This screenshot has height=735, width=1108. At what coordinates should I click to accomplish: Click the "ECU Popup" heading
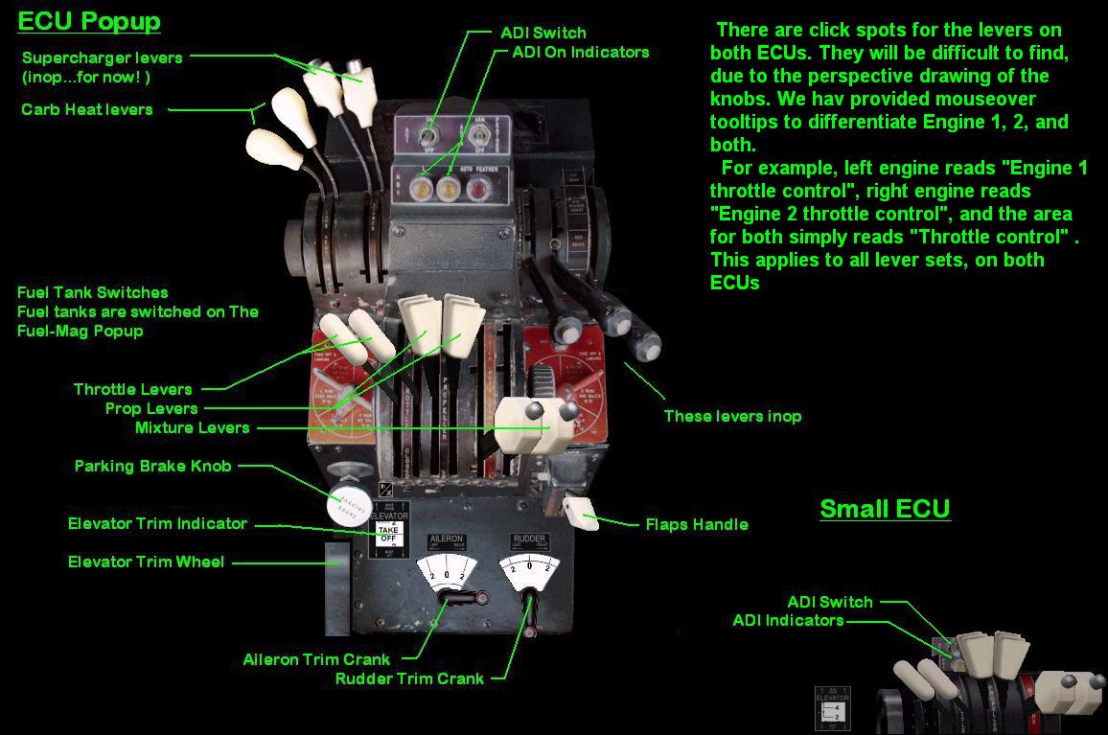tap(89, 21)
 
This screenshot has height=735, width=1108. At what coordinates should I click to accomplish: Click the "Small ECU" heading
tap(885, 508)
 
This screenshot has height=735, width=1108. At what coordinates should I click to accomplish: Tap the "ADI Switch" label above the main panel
tap(542, 33)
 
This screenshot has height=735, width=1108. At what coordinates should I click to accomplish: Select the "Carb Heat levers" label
tap(87, 109)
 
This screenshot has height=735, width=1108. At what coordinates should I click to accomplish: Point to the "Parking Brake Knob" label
tap(152, 466)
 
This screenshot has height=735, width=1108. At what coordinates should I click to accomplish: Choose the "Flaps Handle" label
tap(697, 524)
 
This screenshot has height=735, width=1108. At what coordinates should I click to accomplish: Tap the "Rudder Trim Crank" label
tap(410, 678)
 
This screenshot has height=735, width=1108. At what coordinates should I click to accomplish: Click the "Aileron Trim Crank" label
tap(316, 659)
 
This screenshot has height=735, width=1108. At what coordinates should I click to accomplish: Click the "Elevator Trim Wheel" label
tap(146, 562)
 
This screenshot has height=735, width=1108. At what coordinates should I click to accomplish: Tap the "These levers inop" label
tap(732, 416)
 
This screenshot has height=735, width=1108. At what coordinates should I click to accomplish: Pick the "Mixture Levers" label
tap(192, 427)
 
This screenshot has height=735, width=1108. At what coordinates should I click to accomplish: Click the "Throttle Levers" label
tap(133, 389)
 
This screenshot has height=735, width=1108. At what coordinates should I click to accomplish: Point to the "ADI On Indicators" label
tap(580, 52)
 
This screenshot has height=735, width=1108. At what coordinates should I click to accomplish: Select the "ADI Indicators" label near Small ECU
tap(788, 620)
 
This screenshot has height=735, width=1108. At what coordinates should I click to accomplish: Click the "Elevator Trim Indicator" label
tap(157, 523)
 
